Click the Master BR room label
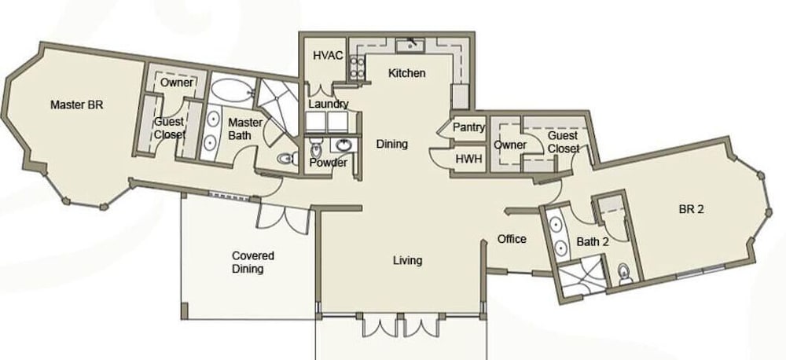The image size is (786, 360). click(x=77, y=105)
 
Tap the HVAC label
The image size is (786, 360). click(x=328, y=55)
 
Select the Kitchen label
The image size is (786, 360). click(x=407, y=73)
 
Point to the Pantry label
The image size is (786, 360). click(x=469, y=127)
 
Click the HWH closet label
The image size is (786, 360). click(x=468, y=159)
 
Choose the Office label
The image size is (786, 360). click(x=512, y=239)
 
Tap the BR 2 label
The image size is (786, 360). click(x=691, y=210)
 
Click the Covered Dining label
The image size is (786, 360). click(x=252, y=263)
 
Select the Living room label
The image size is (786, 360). click(x=407, y=261)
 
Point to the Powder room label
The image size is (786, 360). click(x=329, y=163)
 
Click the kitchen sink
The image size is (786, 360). click(x=411, y=46)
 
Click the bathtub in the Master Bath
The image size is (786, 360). click(x=232, y=91)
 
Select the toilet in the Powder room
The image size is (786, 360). click(x=316, y=149)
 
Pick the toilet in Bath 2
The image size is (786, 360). click(x=625, y=274)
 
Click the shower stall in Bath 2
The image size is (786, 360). click(x=582, y=278)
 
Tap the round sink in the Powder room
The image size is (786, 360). click(x=343, y=146)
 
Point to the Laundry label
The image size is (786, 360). click(x=329, y=105)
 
